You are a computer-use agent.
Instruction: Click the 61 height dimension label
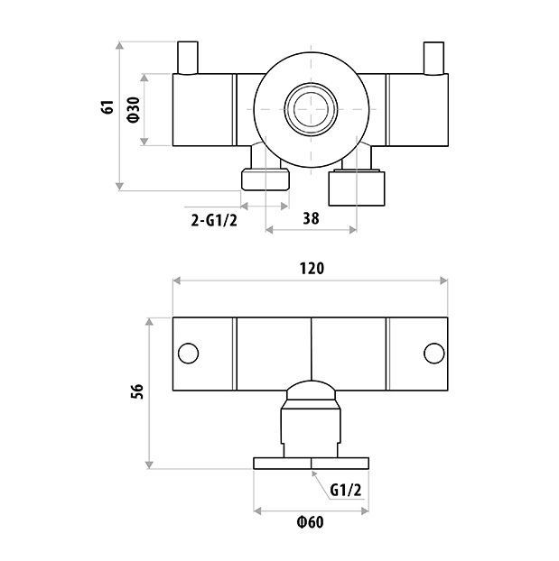pyautogui.click(x=107, y=107)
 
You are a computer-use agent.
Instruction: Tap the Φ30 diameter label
pyautogui.click(x=133, y=110)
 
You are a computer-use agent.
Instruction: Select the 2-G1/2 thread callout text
pyautogui.click(x=214, y=220)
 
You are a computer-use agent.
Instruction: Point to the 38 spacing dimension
pyautogui.click(x=311, y=218)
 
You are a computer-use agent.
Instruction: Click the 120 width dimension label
pyautogui.click(x=312, y=268)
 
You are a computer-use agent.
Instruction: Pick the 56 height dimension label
pyautogui.click(x=137, y=391)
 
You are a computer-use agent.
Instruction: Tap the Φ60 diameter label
pyautogui.click(x=311, y=522)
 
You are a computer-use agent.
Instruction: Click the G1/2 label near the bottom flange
pyautogui.click(x=346, y=490)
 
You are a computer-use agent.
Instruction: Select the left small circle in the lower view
pyautogui.click(x=188, y=354)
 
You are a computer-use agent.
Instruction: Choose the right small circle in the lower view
pyautogui.click(x=434, y=354)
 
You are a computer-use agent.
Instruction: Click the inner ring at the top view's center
pyautogui.click(x=311, y=109)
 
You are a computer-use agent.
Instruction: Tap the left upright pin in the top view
pyautogui.click(x=188, y=58)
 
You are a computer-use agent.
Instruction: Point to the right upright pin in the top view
pyautogui.click(x=433, y=59)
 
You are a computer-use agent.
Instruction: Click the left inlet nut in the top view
pyautogui.click(x=266, y=179)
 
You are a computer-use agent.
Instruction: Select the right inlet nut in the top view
pyautogui.click(x=357, y=189)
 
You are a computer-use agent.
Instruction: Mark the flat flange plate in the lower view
pyautogui.click(x=311, y=464)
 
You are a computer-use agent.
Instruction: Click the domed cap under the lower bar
pyautogui.click(x=311, y=390)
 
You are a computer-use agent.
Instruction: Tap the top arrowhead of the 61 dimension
pyautogui.click(x=120, y=45)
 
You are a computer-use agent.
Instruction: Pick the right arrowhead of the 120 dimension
pyautogui.click(x=444, y=280)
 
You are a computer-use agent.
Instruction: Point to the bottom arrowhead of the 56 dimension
pyautogui.click(x=150, y=464)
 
